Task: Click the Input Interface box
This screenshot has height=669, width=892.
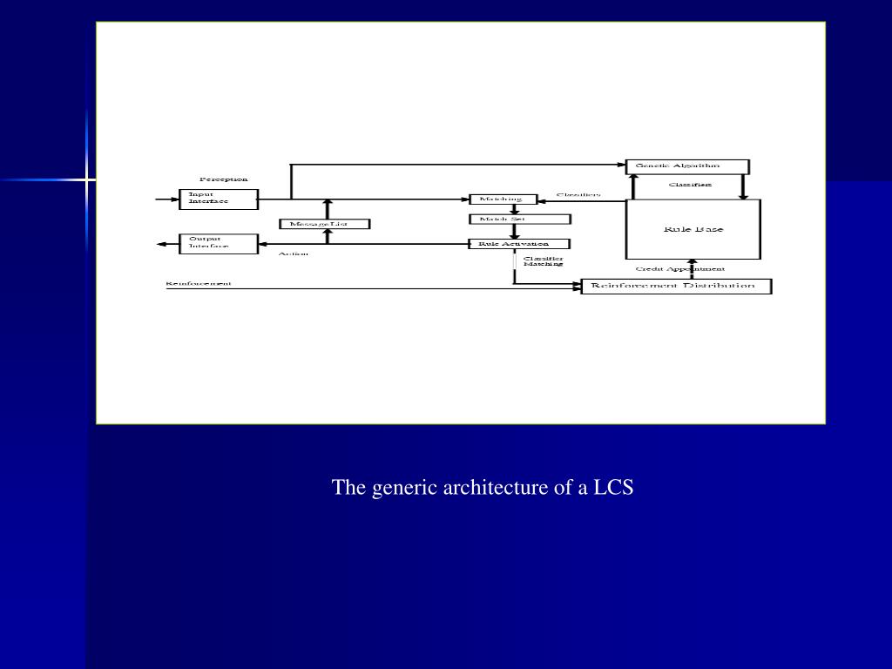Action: tap(219, 199)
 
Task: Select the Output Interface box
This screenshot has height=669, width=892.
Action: tap(219, 244)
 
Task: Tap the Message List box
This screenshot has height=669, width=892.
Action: tap(325, 224)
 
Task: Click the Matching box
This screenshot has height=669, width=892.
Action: tap(503, 199)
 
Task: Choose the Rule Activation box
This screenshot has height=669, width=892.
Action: tap(519, 244)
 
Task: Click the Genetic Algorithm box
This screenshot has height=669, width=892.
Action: tap(686, 166)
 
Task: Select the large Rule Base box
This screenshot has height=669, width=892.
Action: tap(693, 229)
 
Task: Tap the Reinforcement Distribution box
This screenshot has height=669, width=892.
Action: tap(676, 286)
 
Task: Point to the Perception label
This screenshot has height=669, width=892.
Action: tap(224, 179)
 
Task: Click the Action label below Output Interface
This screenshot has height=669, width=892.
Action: tap(294, 254)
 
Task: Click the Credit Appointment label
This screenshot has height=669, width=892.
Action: tap(680, 269)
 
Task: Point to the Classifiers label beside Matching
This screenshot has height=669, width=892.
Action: tap(578, 194)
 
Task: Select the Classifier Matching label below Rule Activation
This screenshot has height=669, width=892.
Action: tap(543, 260)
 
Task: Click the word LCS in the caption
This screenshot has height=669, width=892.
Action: tap(613, 487)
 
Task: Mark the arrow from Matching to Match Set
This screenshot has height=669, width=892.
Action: tap(514, 209)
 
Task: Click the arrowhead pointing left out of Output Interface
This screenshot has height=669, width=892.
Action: tap(162, 245)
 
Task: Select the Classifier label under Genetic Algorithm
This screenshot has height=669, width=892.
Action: tap(690, 185)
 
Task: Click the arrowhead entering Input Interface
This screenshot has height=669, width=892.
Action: tap(174, 199)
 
